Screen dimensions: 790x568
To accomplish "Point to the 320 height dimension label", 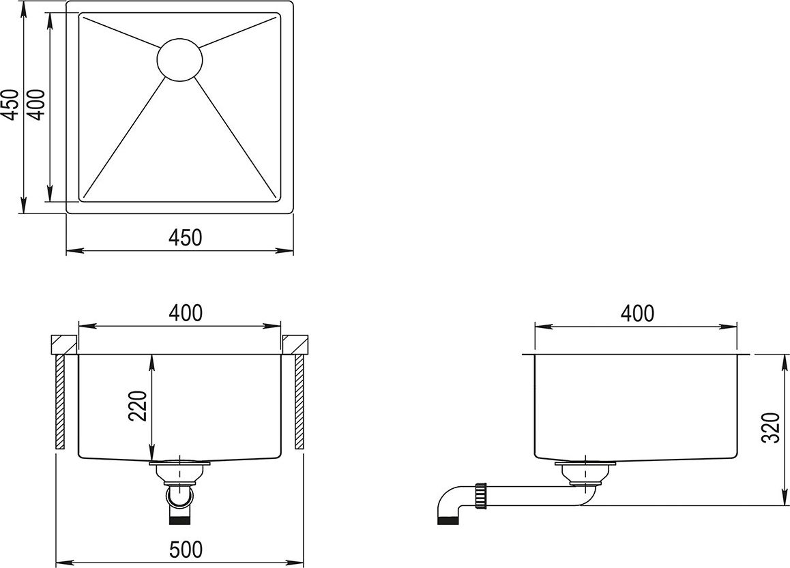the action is click(x=771, y=428).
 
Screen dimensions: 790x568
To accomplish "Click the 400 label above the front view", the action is click(x=186, y=313).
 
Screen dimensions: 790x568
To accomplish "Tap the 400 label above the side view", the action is click(x=637, y=313).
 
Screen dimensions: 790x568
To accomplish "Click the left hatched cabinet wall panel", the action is click(x=60, y=402).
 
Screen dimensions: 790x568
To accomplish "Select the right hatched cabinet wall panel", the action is click(x=299, y=402).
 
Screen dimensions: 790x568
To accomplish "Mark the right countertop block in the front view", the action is click(x=295, y=344).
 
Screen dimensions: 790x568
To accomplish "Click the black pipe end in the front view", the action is click(x=180, y=521).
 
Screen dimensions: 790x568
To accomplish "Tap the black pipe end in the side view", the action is click(x=448, y=521).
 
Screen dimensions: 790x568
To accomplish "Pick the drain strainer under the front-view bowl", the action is click(x=180, y=470).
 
